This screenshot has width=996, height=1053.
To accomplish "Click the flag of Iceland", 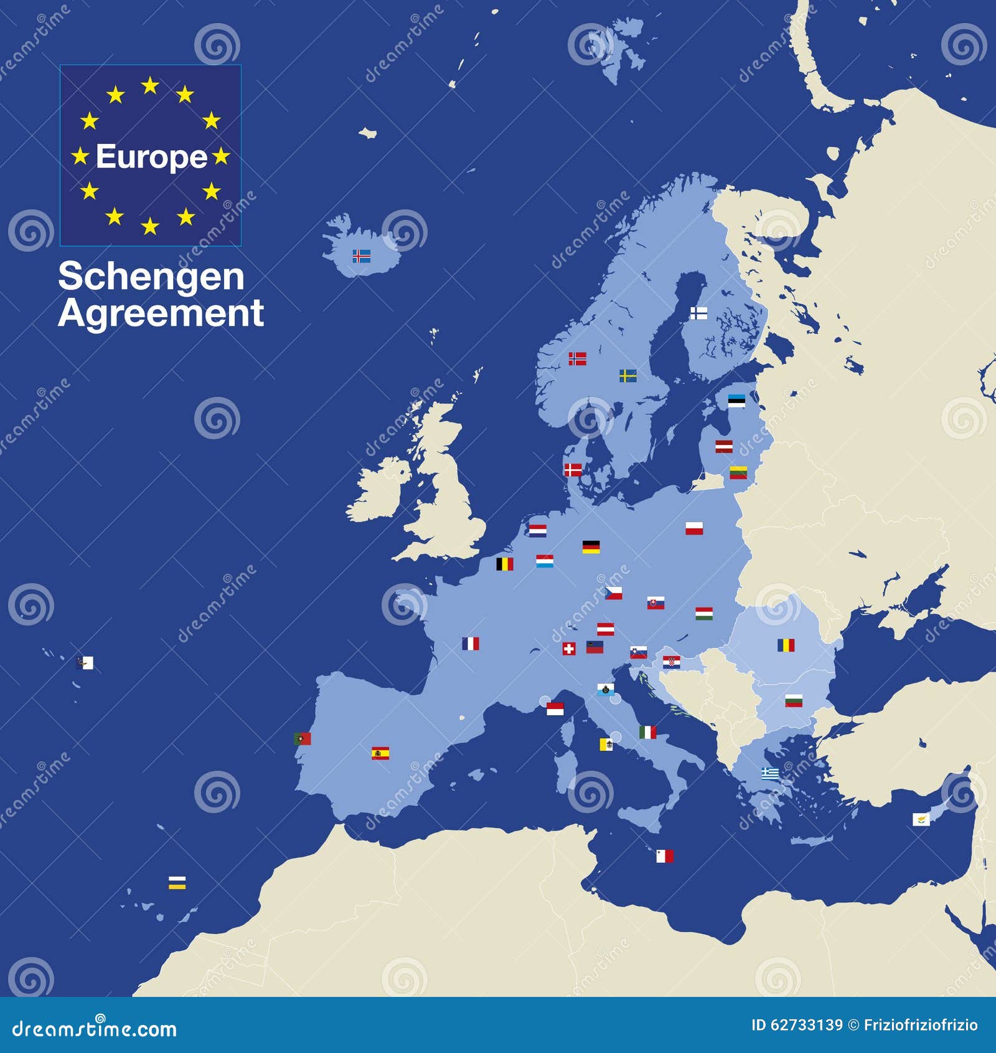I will pyautogui.click(x=362, y=255).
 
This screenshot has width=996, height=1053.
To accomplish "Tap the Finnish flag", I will pyautogui.click(x=698, y=313).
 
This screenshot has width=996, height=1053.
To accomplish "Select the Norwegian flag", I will pyautogui.click(x=577, y=359).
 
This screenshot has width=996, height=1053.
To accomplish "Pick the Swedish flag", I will pyautogui.click(x=627, y=376).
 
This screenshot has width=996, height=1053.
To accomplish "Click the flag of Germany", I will pyautogui.click(x=591, y=547).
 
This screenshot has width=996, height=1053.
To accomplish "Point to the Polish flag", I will pyautogui.click(x=694, y=528).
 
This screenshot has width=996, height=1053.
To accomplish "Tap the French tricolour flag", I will pyautogui.click(x=471, y=644).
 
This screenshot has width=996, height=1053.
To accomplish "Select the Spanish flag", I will pyautogui.click(x=380, y=753).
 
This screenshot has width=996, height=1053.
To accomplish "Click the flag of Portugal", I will pyautogui.click(x=302, y=739).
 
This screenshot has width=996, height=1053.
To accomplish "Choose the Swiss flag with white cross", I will pyautogui.click(x=569, y=649).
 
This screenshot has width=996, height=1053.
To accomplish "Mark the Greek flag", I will pyautogui.click(x=770, y=773).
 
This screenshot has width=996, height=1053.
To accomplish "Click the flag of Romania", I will pyautogui.click(x=786, y=645).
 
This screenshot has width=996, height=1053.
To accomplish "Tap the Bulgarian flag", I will pyautogui.click(x=793, y=700).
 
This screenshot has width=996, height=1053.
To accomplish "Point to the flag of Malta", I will pyautogui.click(x=665, y=857).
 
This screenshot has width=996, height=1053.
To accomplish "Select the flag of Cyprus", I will pyautogui.click(x=921, y=819).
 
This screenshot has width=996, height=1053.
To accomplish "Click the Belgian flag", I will pyautogui.click(x=504, y=565).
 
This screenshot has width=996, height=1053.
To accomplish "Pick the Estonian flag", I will pyautogui.click(x=736, y=401).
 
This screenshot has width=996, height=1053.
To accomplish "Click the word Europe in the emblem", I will pyautogui.click(x=151, y=156).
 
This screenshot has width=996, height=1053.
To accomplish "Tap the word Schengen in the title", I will pyautogui.click(x=151, y=277).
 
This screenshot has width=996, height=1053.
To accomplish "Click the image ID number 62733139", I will pyautogui.click(x=807, y=1025).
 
